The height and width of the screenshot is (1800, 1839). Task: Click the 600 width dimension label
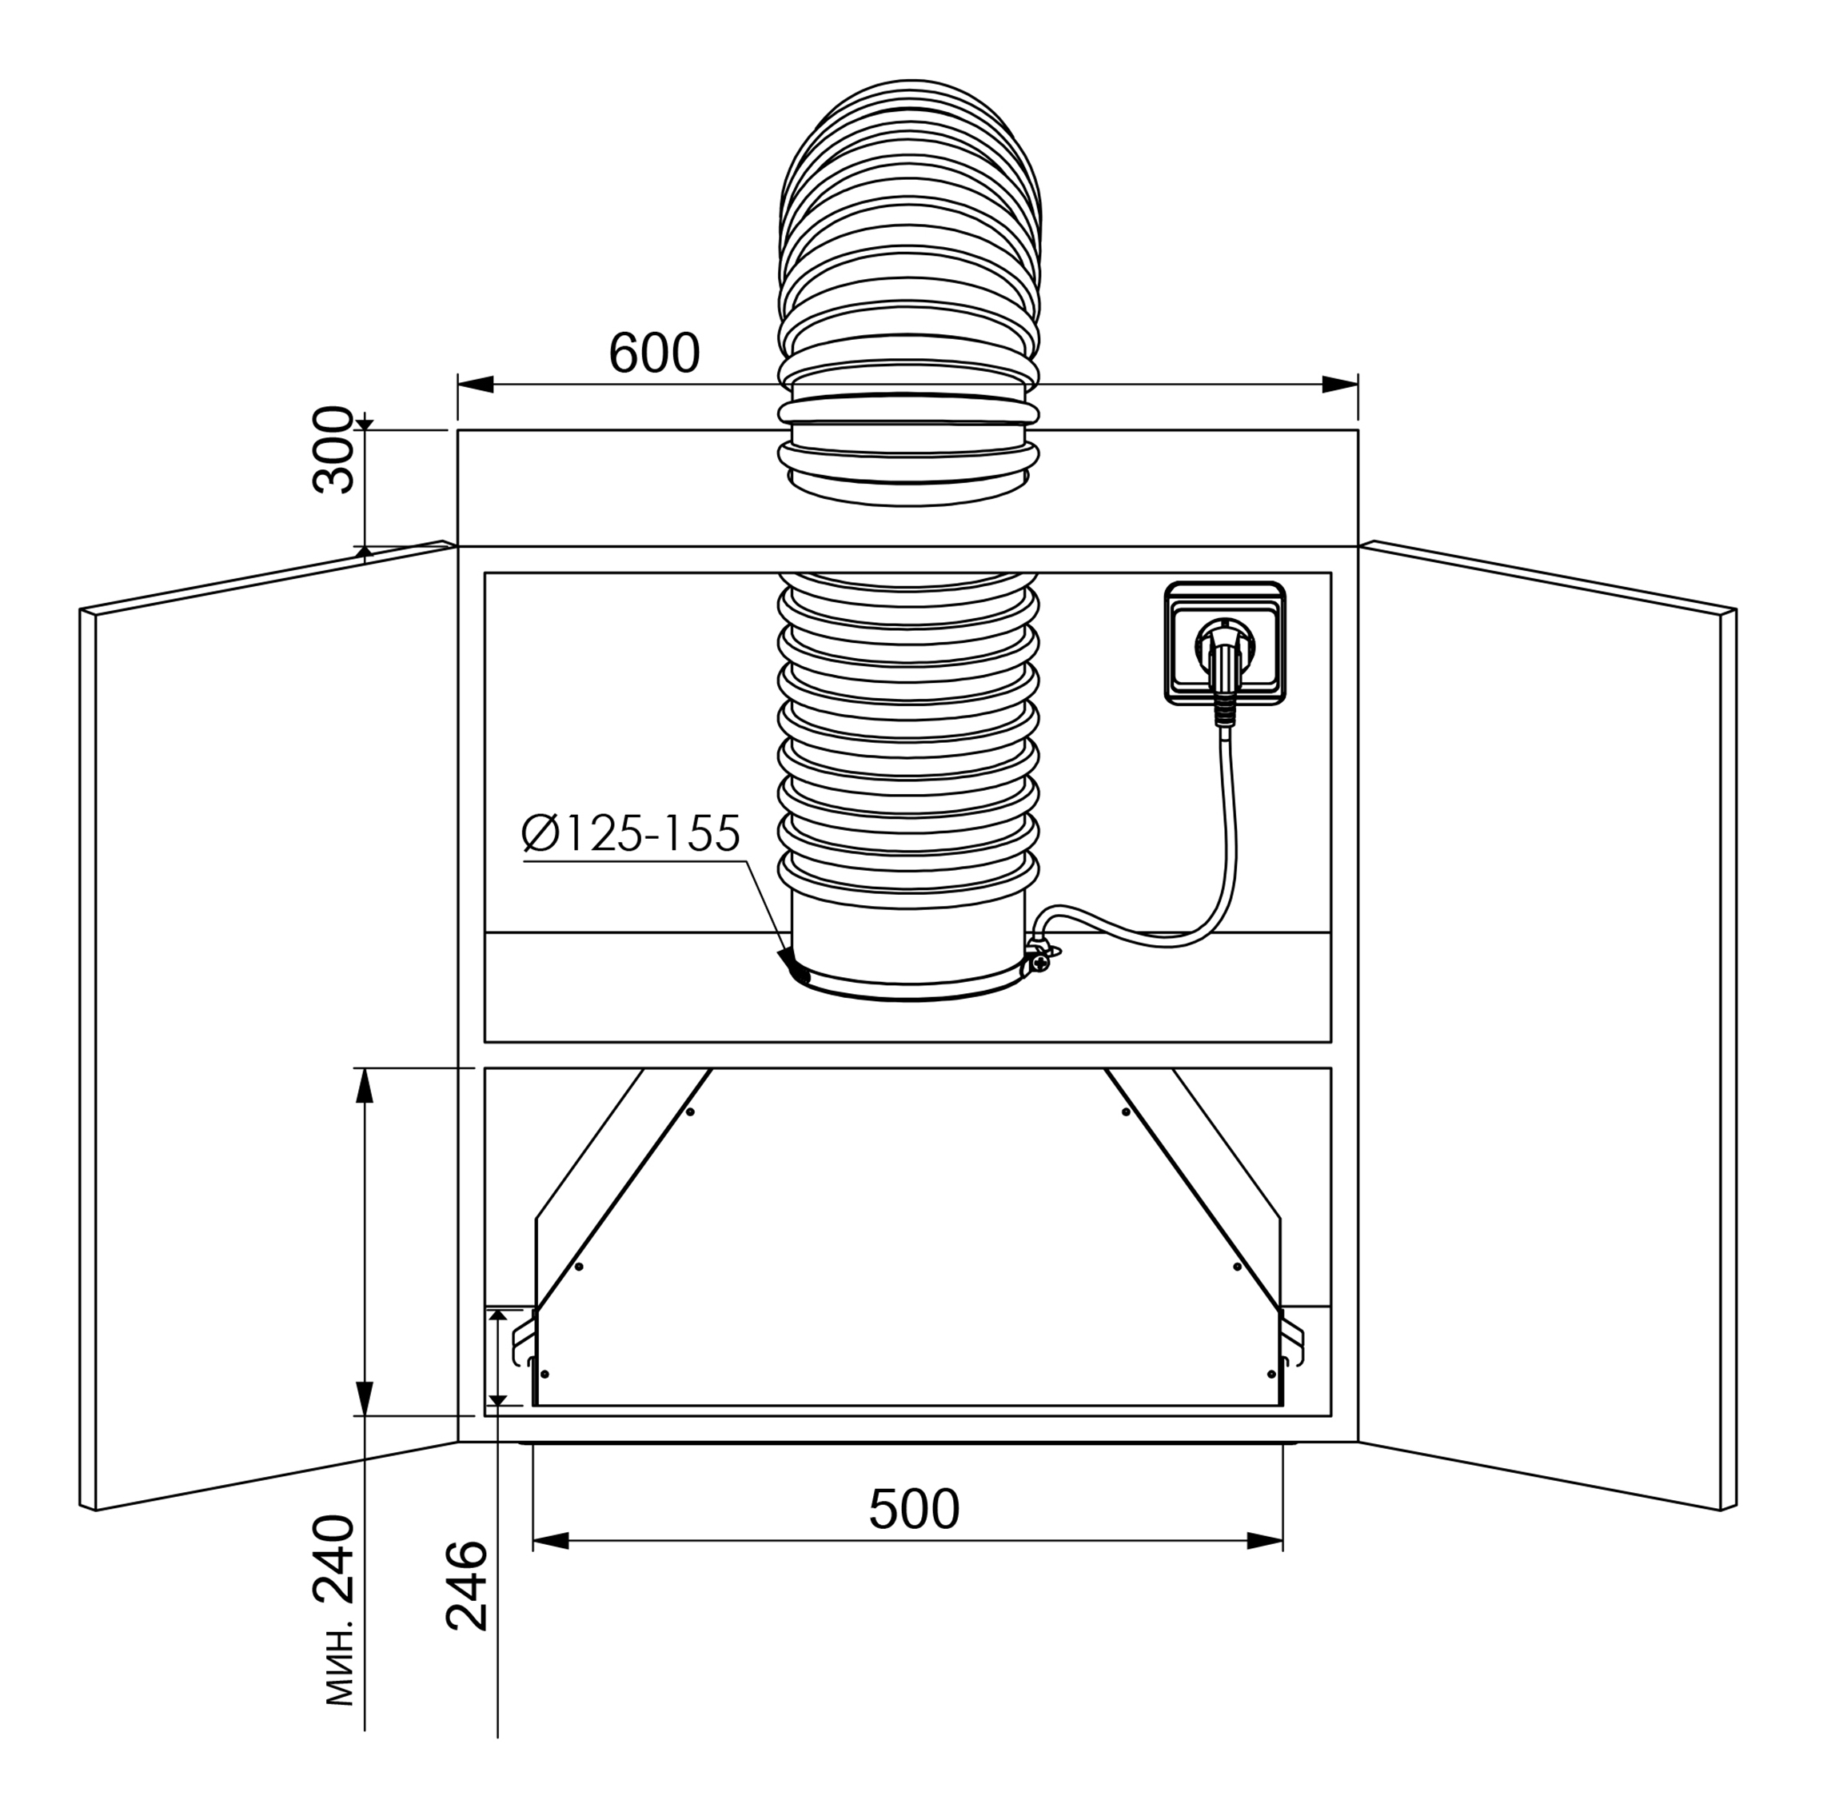(653, 353)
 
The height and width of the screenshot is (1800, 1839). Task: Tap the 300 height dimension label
(333, 449)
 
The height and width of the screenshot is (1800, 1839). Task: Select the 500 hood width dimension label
(914, 1510)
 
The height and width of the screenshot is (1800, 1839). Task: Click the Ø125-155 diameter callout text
(631, 834)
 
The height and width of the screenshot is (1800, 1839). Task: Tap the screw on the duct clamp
(1042, 963)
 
